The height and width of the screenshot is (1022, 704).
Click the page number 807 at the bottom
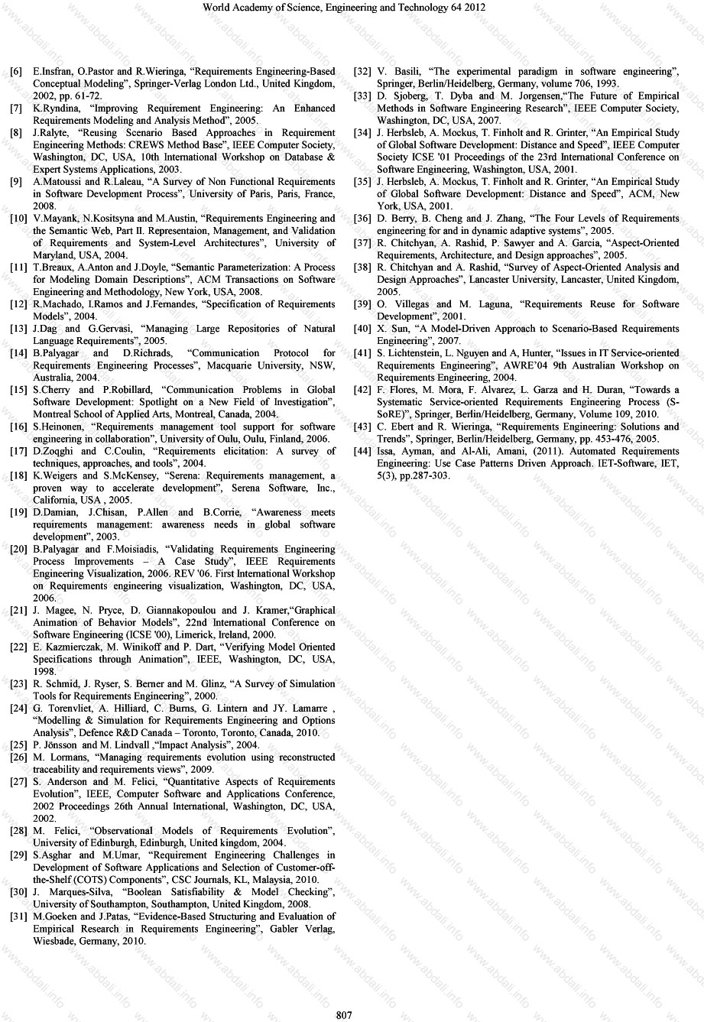pyautogui.click(x=344, y=1014)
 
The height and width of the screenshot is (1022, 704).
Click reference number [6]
pyautogui.click(x=16, y=72)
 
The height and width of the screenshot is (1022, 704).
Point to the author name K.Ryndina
pyautogui.click(x=57, y=109)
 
